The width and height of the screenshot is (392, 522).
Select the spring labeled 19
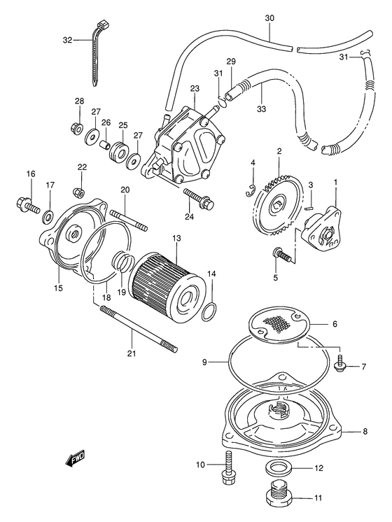coord(123,264)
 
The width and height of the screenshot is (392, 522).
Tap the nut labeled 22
coord(79,191)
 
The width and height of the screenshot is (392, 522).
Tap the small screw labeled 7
coord(340,365)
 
